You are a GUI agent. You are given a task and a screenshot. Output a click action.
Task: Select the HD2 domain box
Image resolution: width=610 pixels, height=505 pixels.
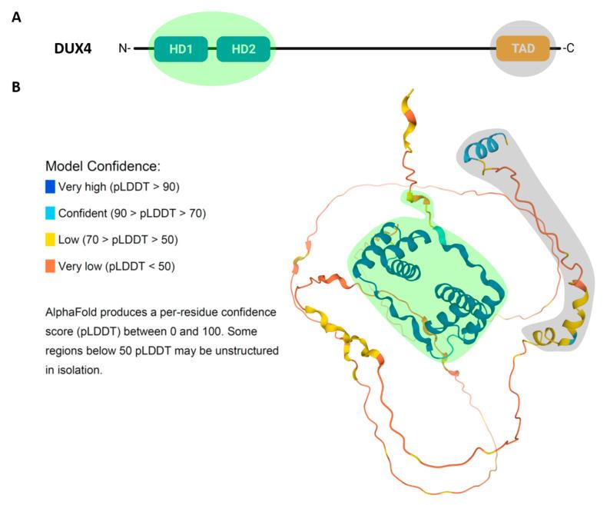coord(243,49)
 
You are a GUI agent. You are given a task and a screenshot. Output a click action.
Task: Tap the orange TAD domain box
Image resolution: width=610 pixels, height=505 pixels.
coord(523,49)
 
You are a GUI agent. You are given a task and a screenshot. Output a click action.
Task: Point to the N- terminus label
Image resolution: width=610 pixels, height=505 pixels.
coord(124,49)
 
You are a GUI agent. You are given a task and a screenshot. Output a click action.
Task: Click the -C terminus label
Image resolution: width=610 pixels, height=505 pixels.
coord(569,49)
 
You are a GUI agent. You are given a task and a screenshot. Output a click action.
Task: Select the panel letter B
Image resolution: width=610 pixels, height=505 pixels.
coord(15,88)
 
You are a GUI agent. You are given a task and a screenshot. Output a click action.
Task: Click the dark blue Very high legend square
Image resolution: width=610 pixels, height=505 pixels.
coord(51,185)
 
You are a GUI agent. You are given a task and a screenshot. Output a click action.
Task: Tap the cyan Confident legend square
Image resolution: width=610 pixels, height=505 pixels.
coord(51,212)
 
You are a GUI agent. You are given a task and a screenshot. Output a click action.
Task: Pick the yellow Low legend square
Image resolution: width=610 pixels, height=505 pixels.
coord(51,240)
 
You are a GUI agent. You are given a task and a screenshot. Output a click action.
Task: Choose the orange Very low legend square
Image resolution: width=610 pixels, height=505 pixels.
coord(51,267)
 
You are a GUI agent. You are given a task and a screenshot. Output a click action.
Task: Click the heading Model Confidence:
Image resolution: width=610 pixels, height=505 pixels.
coord(102,165)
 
